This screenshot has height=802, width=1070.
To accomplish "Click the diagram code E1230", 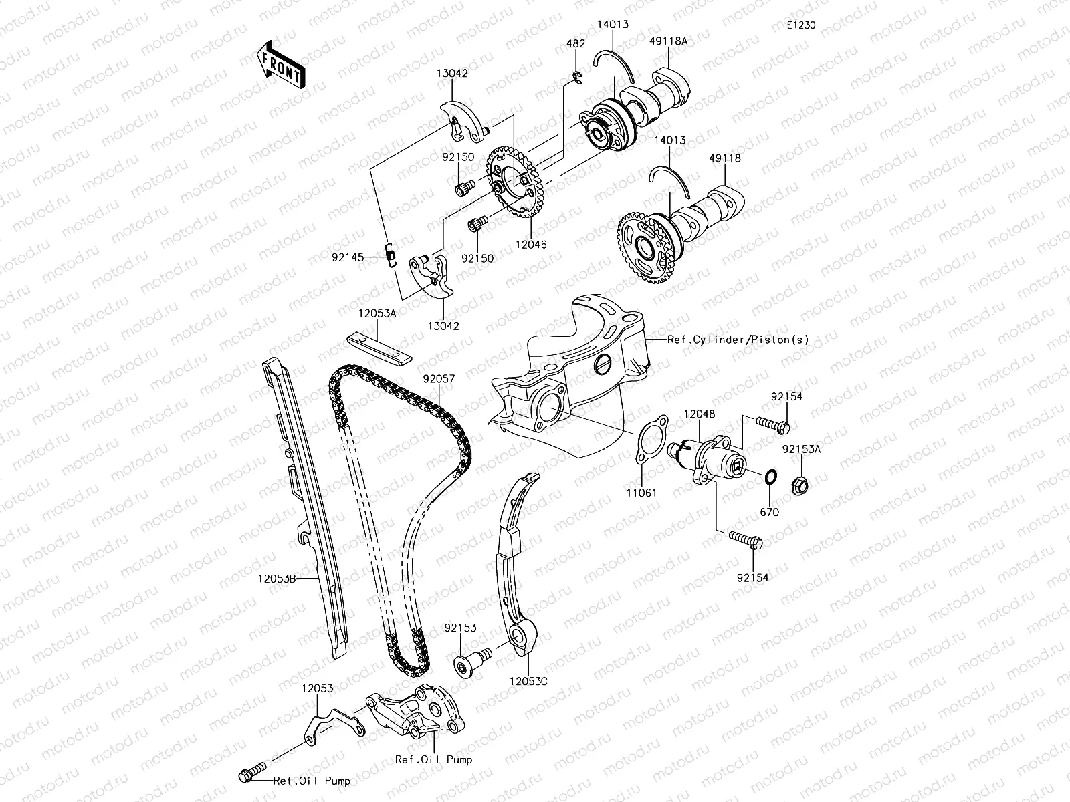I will [x=800, y=25].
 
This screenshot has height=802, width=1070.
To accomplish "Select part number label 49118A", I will [x=667, y=41].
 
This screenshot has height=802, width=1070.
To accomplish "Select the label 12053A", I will [x=377, y=313].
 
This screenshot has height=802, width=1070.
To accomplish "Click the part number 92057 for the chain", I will [x=439, y=378].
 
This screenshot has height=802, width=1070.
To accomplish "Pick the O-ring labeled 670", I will [x=770, y=478].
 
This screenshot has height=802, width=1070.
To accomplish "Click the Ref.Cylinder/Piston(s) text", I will [x=738, y=340].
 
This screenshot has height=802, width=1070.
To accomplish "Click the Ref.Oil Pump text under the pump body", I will [x=433, y=759].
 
